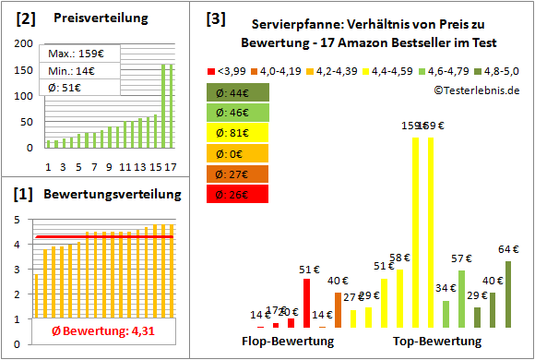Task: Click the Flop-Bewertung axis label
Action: pyautogui.click(x=287, y=342)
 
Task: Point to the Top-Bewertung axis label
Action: pyautogui.click(x=437, y=342)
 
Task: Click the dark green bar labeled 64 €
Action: pyautogui.click(x=508, y=294)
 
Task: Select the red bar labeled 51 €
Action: pyautogui.click(x=307, y=304)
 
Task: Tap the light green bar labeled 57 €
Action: pyautogui.click(x=462, y=299)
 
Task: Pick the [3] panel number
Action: pyautogui.click(x=214, y=18)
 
